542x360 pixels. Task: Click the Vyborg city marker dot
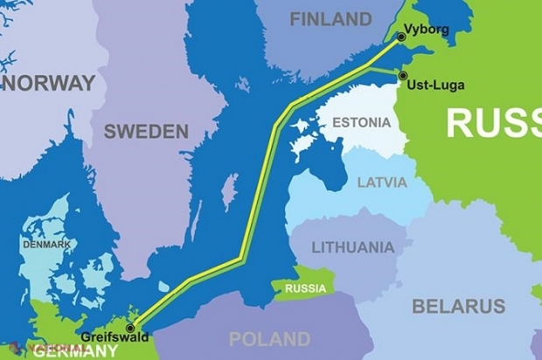click(400, 37)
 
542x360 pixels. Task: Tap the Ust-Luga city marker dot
click(402, 76)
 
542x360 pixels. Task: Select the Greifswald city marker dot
click(130, 328)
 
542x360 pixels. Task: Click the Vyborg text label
click(428, 30)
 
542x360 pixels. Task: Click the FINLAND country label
click(330, 18)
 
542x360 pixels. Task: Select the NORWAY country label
click(48, 83)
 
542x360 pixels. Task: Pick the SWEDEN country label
click(146, 132)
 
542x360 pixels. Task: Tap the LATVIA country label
click(382, 183)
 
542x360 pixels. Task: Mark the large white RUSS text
click(493, 123)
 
